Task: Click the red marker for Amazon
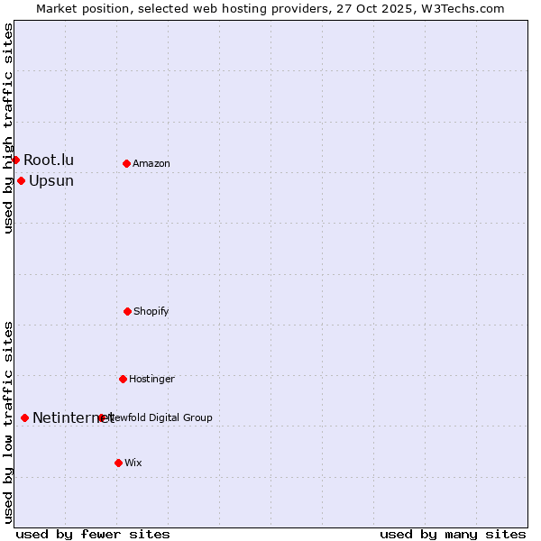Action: click(x=126, y=163)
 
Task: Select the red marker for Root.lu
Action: click(x=15, y=160)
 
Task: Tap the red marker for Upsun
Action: click(x=21, y=180)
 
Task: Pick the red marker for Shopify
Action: click(x=127, y=311)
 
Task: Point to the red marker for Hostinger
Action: click(x=123, y=379)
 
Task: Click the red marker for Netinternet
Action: click(x=24, y=417)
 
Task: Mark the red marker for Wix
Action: click(x=118, y=463)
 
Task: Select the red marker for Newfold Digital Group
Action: click(x=101, y=417)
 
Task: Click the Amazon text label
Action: click(x=151, y=163)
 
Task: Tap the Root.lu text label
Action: click(x=49, y=160)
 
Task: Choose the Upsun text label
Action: click(x=51, y=180)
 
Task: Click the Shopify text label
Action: click(x=151, y=311)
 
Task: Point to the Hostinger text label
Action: click(x=151, y=379)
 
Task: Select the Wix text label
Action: click(x=133, y=463)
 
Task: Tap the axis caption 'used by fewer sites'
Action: click(x=93, y=534)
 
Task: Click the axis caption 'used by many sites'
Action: click(x=453, y=534)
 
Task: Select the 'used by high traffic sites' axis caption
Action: click(x=8, y=128)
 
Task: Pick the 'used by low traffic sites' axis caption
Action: click(x=8, y=422)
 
